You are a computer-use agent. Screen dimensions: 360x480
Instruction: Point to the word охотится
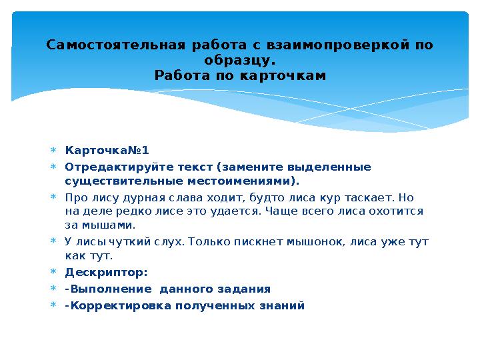(400, 212)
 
